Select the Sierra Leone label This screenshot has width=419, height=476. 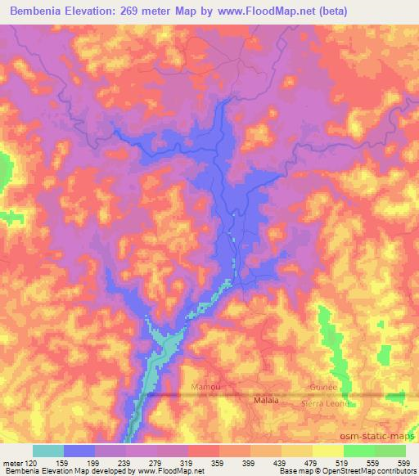[x=325, y=403]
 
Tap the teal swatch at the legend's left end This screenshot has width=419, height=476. [x=48, y=451]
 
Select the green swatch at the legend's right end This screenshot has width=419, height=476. [x=390, y=451]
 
